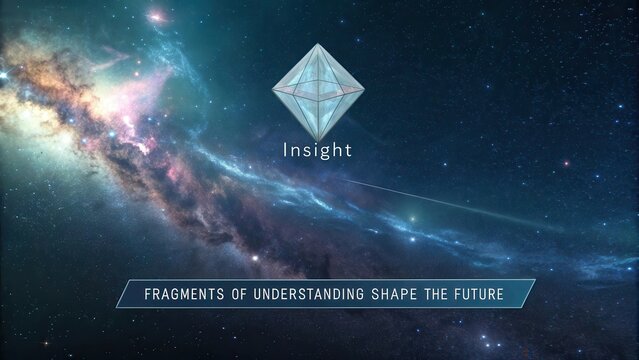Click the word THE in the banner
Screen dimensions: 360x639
pos(437,295)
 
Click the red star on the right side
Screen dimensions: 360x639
pos(565,162)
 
